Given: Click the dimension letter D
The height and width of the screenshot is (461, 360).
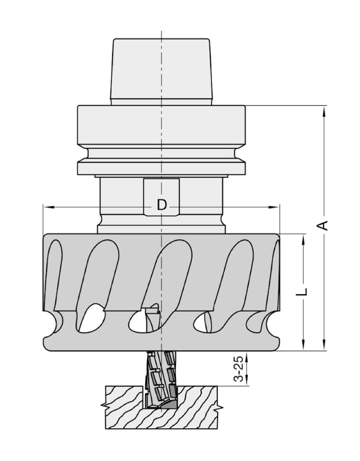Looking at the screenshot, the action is [162, 205].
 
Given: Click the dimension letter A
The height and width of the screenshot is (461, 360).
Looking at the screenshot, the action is [323, 225].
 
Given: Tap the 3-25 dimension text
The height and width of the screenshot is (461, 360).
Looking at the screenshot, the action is [240, 369].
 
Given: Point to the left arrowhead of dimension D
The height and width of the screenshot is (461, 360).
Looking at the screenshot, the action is [49, 207].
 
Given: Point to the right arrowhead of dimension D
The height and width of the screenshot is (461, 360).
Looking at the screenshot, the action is [274, 207].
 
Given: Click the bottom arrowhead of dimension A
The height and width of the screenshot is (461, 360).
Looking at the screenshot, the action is [324, 345].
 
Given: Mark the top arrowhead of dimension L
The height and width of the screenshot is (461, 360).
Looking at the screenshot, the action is [303, 241].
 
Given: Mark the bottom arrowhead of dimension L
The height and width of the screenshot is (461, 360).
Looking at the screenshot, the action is [303, 345].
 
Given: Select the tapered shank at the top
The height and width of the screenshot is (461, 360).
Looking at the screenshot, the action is [161, 71].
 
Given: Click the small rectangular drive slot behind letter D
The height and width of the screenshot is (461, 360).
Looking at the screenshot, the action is [161, 197].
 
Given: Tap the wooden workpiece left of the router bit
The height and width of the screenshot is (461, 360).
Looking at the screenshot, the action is [125, 407].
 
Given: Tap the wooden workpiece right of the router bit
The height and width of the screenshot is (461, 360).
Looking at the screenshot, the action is [197, 407].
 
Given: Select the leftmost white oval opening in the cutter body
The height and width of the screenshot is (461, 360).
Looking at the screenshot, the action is [92, 319].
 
